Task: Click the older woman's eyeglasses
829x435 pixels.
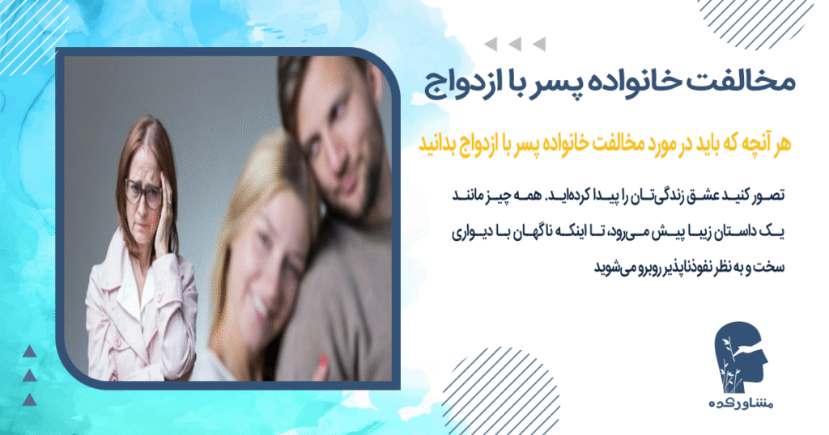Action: pos(143,193)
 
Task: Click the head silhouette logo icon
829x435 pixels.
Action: pos(740,355)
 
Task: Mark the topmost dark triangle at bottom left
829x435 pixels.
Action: pos(28,351)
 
